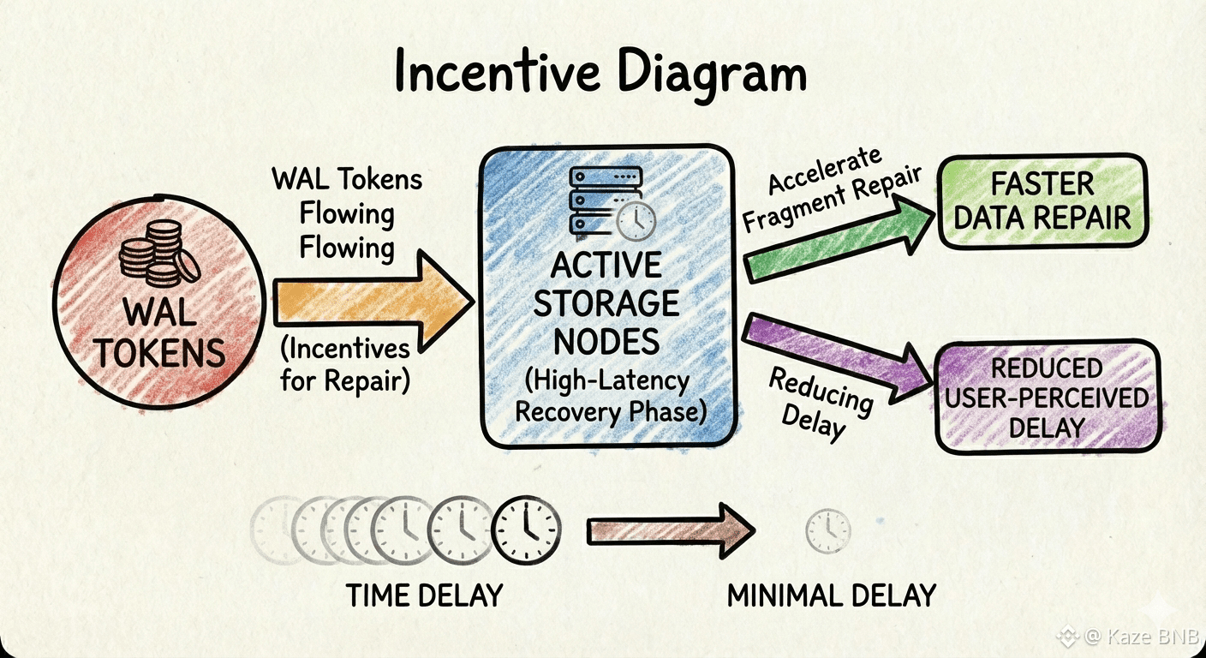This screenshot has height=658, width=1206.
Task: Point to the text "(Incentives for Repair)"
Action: pos(345,364)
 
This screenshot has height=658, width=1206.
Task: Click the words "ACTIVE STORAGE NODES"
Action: pos(606,304)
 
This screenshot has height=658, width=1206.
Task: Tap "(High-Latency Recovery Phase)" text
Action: pos(606,396)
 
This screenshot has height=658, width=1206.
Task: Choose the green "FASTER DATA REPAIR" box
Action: pos(1042,200)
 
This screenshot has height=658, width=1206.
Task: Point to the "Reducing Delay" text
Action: pos(818,401)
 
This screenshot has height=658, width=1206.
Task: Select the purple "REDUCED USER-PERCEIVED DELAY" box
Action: pos(1048,398)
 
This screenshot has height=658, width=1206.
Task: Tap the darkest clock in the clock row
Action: pos(527,531)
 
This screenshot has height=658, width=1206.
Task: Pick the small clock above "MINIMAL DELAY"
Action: pos(828,530)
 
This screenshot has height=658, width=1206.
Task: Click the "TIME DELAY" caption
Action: pos(424,595)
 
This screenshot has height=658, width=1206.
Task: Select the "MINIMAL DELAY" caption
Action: pos(831,595)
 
